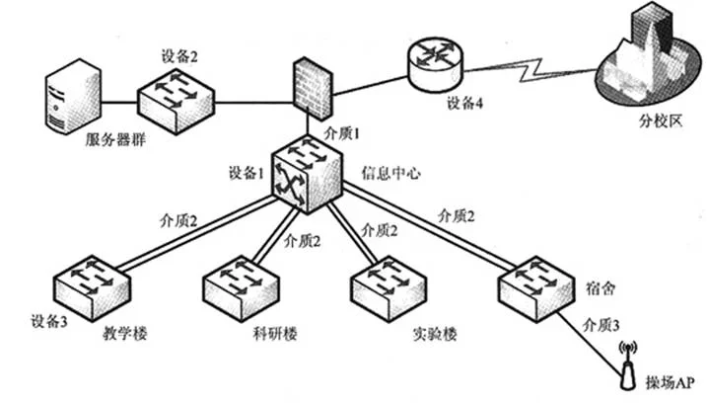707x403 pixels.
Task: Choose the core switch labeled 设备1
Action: [x=303, y=173]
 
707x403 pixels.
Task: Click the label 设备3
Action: [x=48, y=320]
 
